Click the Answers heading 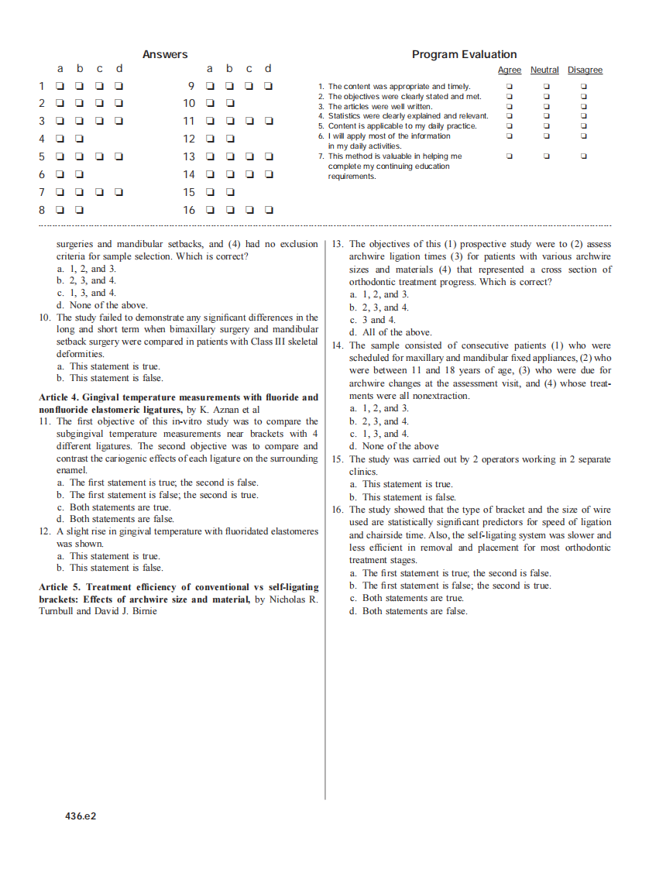(165, 54)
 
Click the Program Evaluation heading (464, 54)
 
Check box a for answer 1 (60, 86)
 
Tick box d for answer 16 (269, 210)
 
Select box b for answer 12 (230, 139)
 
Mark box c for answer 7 (100, 192)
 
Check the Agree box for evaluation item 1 (509, 87)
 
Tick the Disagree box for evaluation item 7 (584, 156)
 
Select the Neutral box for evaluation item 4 (546, 116)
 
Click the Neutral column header (544, 70)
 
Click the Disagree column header (585, 70)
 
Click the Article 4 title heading (178, 397)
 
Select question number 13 (337, 244)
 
